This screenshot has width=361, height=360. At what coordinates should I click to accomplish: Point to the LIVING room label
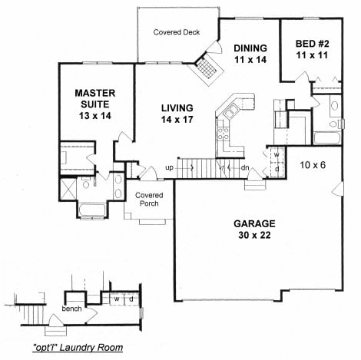tap(177, 108)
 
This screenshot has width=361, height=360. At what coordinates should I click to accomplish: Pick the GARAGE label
tap(254, 224)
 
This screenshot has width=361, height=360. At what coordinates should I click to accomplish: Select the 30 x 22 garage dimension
tap(254, 237)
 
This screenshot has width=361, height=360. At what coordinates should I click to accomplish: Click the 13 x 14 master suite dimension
tap(94, 115)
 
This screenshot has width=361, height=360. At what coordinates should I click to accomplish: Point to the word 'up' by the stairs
tap(170, 167)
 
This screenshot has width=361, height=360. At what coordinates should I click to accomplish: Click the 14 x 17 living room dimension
tap(177, 121)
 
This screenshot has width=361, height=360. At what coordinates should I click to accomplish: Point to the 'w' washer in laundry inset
tap(115, 299)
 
